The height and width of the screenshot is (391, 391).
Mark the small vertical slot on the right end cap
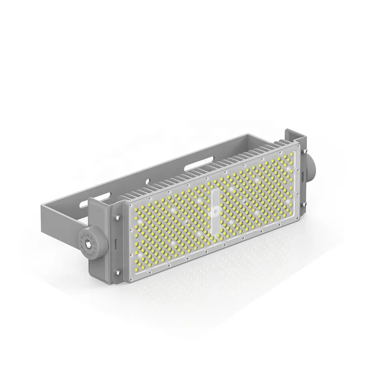tap(304, 168)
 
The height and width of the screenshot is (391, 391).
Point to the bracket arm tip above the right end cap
tap(292, 134)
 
